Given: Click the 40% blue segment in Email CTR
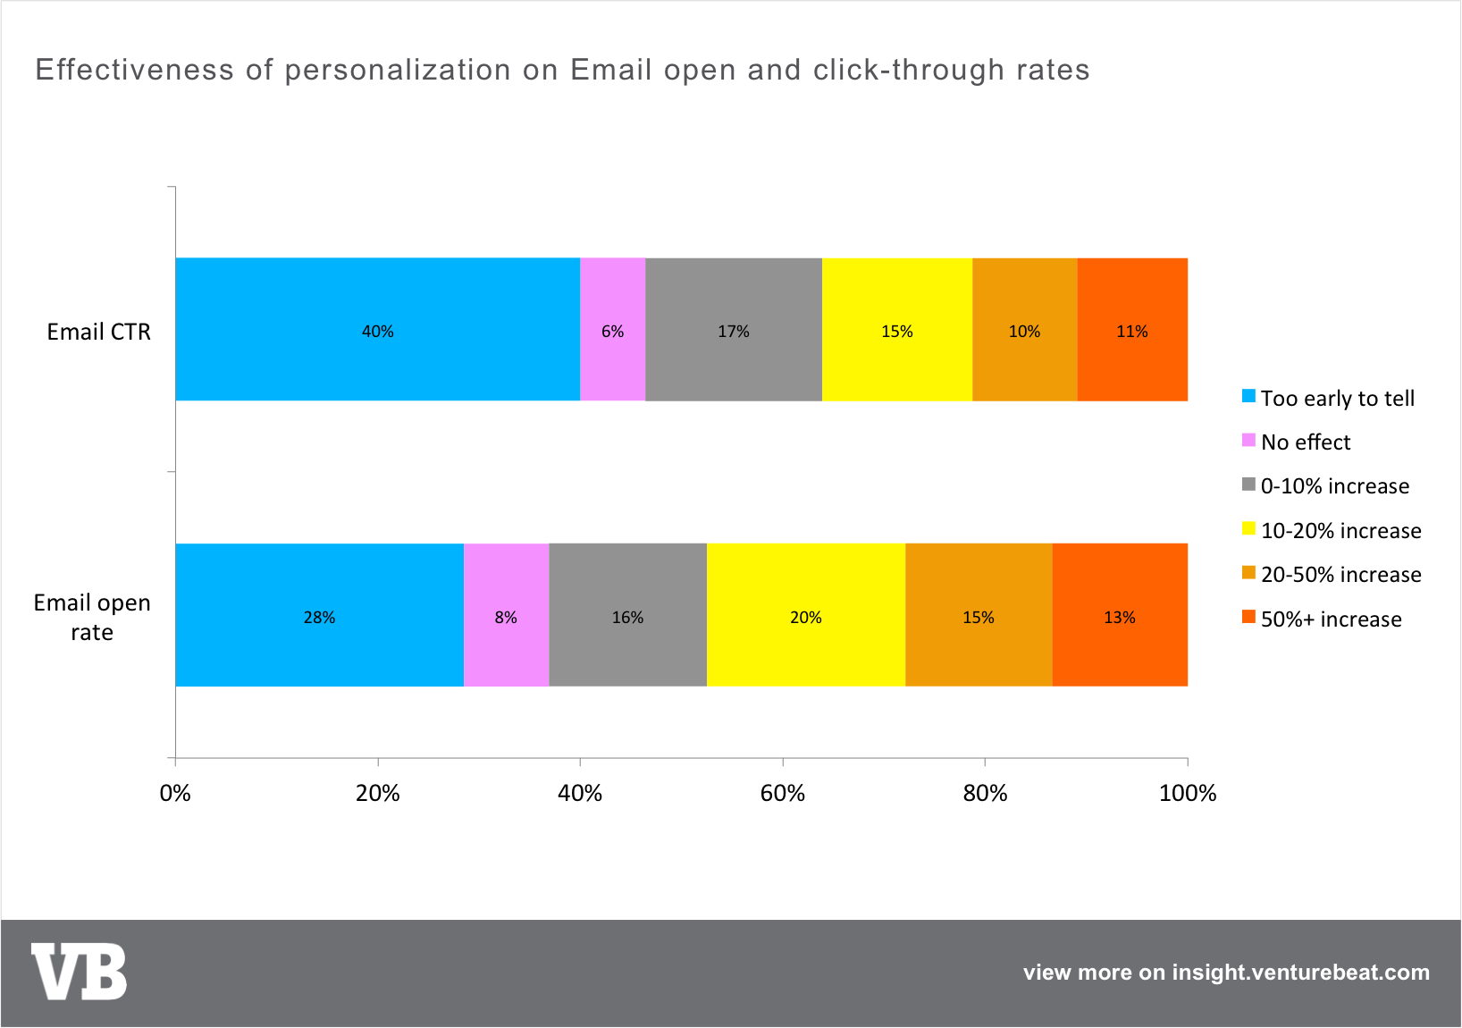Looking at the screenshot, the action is click(x=378, y=329).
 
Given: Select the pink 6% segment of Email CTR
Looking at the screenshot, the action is click(x=613, y=329).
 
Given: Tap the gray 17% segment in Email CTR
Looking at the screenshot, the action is click(x=734, y=329).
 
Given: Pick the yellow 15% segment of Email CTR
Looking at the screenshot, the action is click(x=897, y=329).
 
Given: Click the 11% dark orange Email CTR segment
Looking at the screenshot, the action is click(x=1132, y=329).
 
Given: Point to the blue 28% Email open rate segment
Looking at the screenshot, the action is click(x=320, y=615).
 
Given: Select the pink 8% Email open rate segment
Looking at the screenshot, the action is click(x=507, y=615).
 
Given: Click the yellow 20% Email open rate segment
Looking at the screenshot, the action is click(x=806, y=615).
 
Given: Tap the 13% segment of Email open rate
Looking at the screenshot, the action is click(x=1120, y=615).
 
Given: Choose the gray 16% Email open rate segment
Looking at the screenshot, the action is click(x=628, y=615).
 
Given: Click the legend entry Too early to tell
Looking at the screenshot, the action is click(x=1329, y=398).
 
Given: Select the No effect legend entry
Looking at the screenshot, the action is click(x=1296, y=442).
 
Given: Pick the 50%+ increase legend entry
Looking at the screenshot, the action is click(x=1323, y=618).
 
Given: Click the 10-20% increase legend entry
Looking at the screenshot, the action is click(x=1332, y=530).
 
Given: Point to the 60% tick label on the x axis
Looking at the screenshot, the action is click(x=783, y=793).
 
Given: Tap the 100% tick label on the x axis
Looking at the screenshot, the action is click(x=1188, y=793).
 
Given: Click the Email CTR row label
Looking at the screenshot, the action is click(x=98, y=332).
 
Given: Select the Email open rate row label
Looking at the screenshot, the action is click(x=92, y=617).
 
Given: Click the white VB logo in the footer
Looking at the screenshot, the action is click(x=79, y=971).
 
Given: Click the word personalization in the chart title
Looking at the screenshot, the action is click(x=398, y=70).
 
